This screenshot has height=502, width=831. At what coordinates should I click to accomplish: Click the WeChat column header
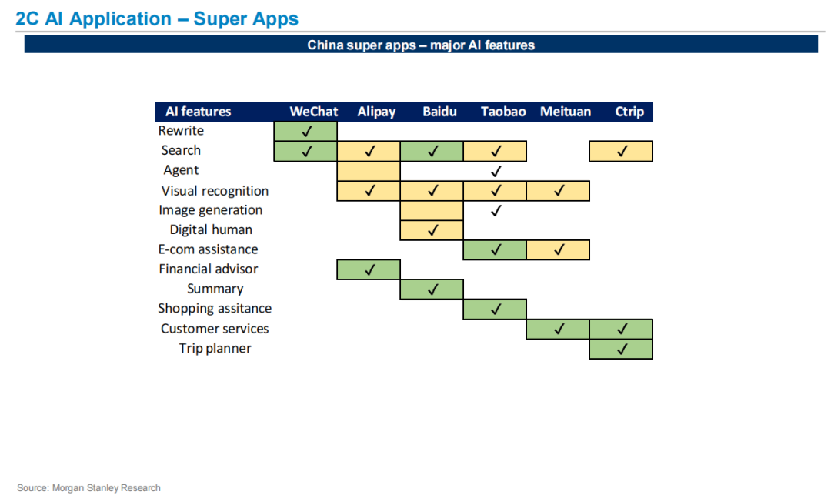point(314,112)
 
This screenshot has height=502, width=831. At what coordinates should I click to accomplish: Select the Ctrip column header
point(629,112)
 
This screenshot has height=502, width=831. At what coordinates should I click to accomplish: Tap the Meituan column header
point(565,112)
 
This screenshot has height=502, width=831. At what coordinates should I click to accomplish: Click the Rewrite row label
point(181,130)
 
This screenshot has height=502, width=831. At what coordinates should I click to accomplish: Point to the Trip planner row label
point(215,348)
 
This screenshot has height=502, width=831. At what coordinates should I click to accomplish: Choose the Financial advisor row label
point(209,269)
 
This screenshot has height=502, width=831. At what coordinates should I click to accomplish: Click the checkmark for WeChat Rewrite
point(306,131)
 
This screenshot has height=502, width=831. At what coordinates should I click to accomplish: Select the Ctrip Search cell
point(621,151)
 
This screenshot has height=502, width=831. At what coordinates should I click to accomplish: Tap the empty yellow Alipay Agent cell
point(369,171)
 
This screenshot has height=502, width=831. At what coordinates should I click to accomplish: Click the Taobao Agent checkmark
point(496,171)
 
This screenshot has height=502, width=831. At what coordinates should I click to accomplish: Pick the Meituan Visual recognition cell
point(558,191)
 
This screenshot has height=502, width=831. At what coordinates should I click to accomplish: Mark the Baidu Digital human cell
point(432,230)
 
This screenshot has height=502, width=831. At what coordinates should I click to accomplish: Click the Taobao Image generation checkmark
point(496,210)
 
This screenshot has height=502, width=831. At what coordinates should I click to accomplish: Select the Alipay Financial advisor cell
point(369,269)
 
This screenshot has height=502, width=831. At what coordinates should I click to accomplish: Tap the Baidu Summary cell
point(432,289)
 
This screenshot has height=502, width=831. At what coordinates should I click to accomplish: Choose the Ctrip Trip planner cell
point(621,350)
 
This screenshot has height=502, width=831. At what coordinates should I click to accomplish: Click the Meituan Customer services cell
point(558,330)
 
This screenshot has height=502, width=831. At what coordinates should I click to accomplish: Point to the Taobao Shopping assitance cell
point(495,310)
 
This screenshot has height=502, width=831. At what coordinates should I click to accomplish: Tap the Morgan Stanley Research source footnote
point(88,487)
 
